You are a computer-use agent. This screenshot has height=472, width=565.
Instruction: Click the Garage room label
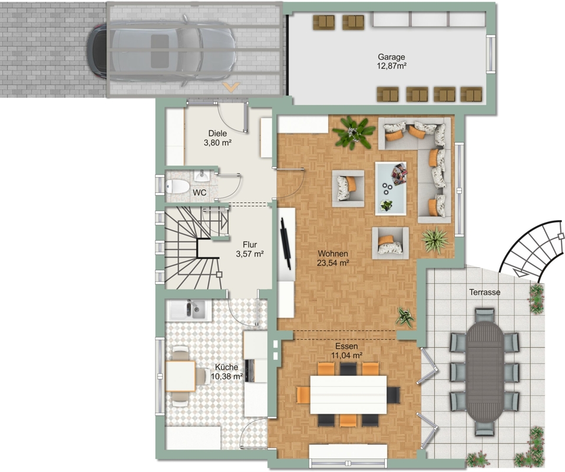pos(391,57)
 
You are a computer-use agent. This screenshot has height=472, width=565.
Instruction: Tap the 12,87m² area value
pos(392,66)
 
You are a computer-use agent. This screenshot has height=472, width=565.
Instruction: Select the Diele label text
pos(217,133)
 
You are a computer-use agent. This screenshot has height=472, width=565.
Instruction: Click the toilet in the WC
pos(177,187)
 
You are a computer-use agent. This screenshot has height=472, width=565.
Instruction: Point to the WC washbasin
pos(201,176)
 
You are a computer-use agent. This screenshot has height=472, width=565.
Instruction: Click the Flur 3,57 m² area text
pos(250,254)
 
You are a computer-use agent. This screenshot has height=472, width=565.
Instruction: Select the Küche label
pos(227,367)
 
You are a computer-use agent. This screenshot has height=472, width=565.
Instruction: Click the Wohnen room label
pos(333,254)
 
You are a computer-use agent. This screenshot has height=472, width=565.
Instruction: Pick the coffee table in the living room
pos(391,188)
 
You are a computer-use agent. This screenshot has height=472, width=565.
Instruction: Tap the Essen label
pos(346,346)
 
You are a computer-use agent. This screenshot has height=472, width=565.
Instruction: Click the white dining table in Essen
pos(348,395)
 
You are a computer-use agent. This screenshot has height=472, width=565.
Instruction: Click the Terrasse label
pos(485,292)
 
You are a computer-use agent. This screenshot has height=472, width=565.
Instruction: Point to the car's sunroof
pos(160,51)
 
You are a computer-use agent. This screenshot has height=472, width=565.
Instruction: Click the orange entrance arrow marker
pos(231,87)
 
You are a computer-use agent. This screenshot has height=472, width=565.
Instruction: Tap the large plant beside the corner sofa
pos(354,132)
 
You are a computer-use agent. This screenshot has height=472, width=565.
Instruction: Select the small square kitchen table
pos(180,376)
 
